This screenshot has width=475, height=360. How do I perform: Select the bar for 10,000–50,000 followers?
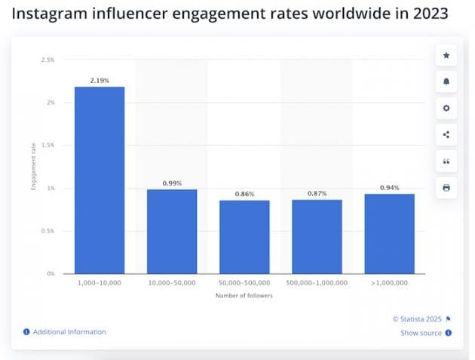click(x=172, y=231)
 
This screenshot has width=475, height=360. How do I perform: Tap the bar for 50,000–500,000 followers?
click(x=244, y=236)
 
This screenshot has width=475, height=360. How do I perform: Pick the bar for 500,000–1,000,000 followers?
click(x=317, y=236)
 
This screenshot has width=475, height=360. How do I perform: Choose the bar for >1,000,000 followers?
click(x=389, y=233)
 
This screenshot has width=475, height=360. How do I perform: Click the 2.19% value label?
click(x=99, y=79)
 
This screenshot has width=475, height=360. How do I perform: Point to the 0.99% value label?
click(x=172, y=183)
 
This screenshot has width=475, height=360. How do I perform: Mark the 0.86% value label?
click(x=244, y=194)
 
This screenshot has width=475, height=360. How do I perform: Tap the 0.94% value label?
click(x=389, y=187)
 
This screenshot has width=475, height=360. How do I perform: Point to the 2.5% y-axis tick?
click(x=47, y=59)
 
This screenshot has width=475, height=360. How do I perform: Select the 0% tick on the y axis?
click(x=51, y=273)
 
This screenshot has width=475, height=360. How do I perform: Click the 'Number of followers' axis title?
click(x=244, y=295)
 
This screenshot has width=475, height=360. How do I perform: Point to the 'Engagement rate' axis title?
click(x=33, y=167)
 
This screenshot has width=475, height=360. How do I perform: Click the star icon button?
click(x=446, y=55)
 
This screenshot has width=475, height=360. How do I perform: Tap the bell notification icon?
click(x=446, y=82)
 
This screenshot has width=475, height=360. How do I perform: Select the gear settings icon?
click(x=446, y=108)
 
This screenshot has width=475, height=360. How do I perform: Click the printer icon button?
click(x=446, y=187)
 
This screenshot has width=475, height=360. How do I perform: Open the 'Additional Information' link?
click(x=69, y=332)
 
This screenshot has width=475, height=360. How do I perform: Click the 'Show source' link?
click(x=421, y=333)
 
